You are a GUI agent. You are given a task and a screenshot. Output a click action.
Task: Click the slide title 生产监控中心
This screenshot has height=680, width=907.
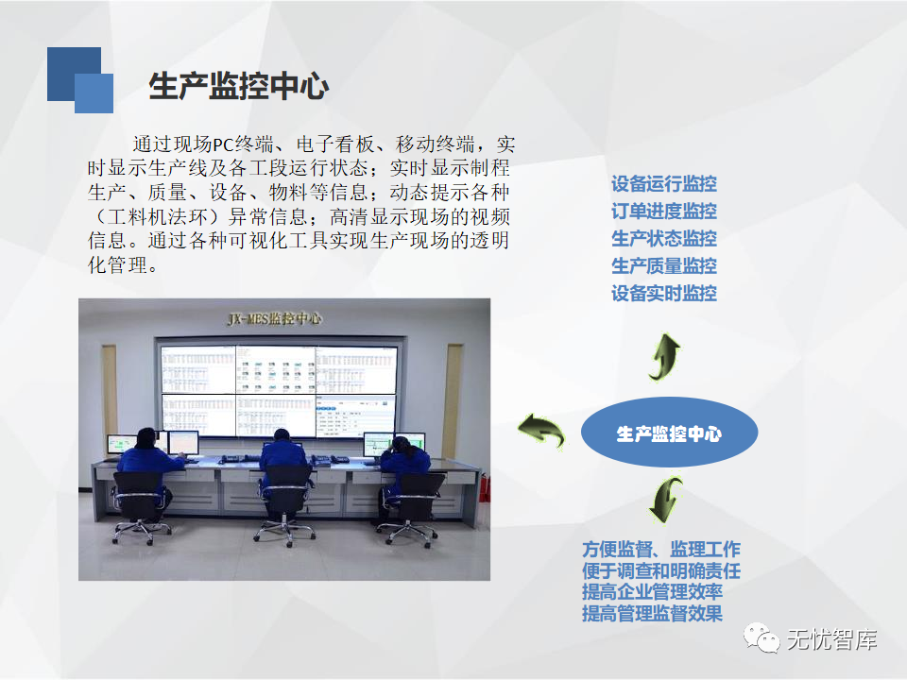pos(239,86)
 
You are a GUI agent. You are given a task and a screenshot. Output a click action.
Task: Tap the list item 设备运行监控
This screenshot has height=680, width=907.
pos(664,184)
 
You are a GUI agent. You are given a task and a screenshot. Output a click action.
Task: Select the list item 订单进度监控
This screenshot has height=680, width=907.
pos(664,211)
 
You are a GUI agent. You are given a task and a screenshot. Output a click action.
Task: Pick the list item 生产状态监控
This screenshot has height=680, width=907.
pos(664,238)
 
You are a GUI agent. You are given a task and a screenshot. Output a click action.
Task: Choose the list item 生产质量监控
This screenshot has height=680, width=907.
pos(664,266)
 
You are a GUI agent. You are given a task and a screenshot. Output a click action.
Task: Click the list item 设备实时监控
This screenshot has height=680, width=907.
pos(664,293)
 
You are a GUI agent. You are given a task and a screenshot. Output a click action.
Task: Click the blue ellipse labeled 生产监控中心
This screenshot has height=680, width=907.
pos(669,433)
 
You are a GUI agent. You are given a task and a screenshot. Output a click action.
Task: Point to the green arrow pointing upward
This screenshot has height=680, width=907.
pos(665,358)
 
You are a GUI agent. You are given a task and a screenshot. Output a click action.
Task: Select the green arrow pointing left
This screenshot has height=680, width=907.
pos(541,430)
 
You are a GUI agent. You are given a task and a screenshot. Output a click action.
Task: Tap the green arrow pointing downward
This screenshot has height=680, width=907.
pos(665,501)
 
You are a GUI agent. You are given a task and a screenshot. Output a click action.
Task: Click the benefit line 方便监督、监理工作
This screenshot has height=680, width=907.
pos(661,550)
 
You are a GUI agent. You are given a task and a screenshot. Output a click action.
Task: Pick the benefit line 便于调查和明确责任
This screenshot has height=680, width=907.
pos(661,570)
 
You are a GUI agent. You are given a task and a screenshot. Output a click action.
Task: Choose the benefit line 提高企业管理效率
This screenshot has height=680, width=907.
pos(653,592)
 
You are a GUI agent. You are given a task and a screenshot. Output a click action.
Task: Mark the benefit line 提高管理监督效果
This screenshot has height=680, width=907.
pos(653,614)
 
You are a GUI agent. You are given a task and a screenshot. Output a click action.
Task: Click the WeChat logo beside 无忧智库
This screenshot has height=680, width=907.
pos(762,638)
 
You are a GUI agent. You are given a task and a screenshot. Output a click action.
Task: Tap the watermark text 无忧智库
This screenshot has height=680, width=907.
pos(831,639)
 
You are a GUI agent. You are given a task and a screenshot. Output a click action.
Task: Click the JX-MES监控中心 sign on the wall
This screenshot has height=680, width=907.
pos(275,318)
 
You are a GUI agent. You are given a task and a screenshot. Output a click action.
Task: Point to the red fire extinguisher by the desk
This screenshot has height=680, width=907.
pos(485,487)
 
